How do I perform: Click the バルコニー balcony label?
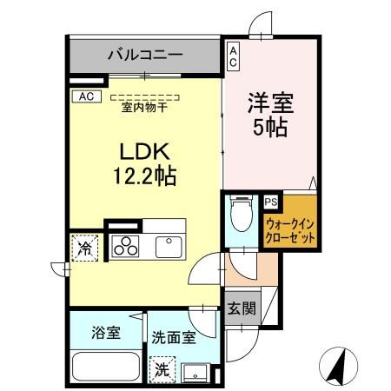pyautogui.click(x=145, y=55)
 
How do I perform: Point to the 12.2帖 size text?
pyautogui.click(x=144, y=177)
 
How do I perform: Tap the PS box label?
pyautogui.click(x=271, y=202)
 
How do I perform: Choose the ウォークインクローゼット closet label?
pyautogui.click(x=290, y=230)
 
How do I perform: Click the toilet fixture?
pyautogui.click(x=241, y=214)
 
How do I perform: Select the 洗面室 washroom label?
pyautogui.click(x=172, y=335)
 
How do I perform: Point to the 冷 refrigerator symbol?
pyautogui.click(x=86, y=248)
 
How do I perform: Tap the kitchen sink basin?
pyautogui.click(x=169, y=246)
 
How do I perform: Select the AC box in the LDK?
pyautogui.click(x=86, y=96)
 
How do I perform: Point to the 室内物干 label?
pyautogui.click(x=146, y=108)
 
